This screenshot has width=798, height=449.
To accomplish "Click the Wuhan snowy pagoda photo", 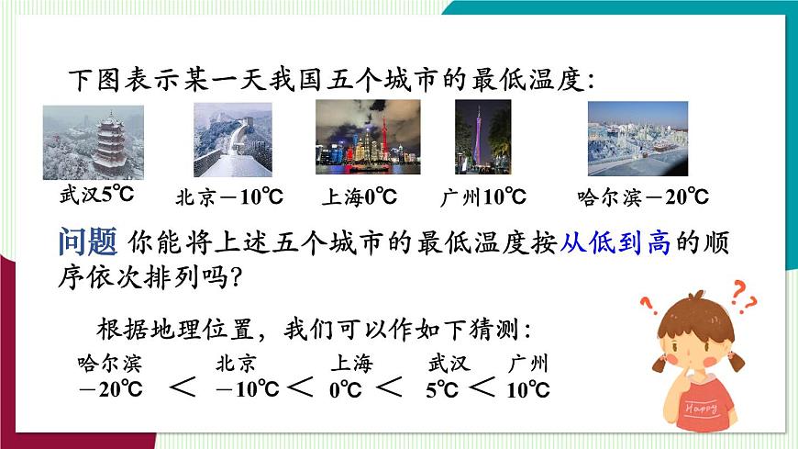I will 94,141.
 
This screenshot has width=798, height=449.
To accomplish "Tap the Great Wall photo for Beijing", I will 233,139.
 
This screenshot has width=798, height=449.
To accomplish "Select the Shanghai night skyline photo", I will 368,137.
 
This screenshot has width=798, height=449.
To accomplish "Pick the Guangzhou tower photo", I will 482,137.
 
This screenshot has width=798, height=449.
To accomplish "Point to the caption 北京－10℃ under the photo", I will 229,196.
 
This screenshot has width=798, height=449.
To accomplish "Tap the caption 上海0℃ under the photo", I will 360,196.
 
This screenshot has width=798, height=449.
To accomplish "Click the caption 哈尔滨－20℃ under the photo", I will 644,196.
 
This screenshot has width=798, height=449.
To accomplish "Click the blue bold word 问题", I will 87,243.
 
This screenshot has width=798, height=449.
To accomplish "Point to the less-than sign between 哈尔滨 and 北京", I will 183,387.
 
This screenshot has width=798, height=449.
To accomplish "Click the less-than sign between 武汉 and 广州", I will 482,387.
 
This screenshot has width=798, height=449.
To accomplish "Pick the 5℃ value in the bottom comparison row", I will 441,389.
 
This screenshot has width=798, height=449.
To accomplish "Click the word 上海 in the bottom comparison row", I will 352,363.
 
